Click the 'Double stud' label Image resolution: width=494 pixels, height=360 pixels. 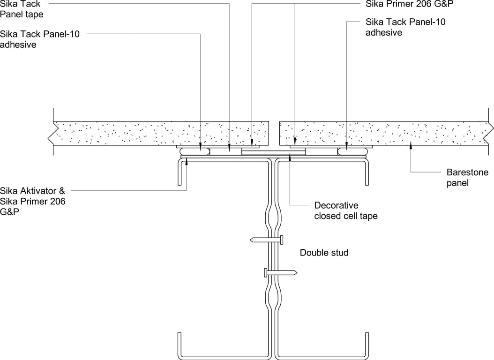click(324, 253)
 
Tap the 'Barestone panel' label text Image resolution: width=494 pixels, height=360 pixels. click(467, 178)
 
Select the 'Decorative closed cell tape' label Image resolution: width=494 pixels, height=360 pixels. click(346, 211)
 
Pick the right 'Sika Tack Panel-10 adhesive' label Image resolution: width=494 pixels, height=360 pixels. click(405, 27)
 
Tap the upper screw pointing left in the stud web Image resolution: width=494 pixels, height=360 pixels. click(266, 240)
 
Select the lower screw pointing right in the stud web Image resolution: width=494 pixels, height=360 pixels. click(280, 272)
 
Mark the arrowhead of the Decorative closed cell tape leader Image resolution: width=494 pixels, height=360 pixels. click(290, 157)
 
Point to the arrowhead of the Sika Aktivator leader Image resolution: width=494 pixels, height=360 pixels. click(187, 161)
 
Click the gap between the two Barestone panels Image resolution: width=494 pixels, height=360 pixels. click(274, 133)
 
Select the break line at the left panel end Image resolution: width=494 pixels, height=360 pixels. click(51, 133)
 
